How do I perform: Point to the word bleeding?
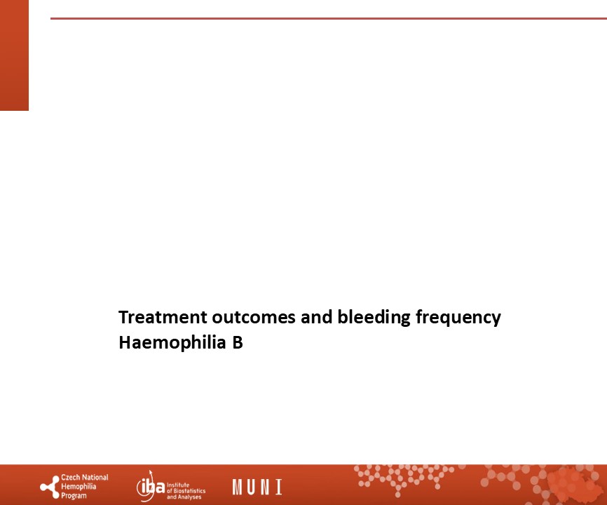pyautogui.click(x=374, y=318)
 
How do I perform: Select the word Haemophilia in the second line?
pyautogui.click(x=172, y=343)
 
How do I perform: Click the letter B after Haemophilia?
pyautogui.click(x=238, y=342)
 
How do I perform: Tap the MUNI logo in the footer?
pyautogui.click(x=257, y=487)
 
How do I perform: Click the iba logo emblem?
pyautogui.click(x=150, y=486)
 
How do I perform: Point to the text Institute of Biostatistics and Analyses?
pyautogui.click(x=186, y=491)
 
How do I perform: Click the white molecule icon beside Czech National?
pyautogui.click(x=50, y=487)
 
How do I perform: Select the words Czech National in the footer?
pyautogui.click(x=85, y=478)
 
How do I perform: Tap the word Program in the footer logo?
pyautogui.click(x=74, y=496)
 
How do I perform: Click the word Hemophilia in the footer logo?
pyautogui.click(x=79, y=486)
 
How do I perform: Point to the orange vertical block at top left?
pyautogui.click(x=14, y=55)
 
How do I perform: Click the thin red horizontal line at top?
pyautogui.click(x=329, y=18)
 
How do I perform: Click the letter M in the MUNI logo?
pyautogui.click(x=237, y=487)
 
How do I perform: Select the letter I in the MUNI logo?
pyautogui.click(x=278, y=487)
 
